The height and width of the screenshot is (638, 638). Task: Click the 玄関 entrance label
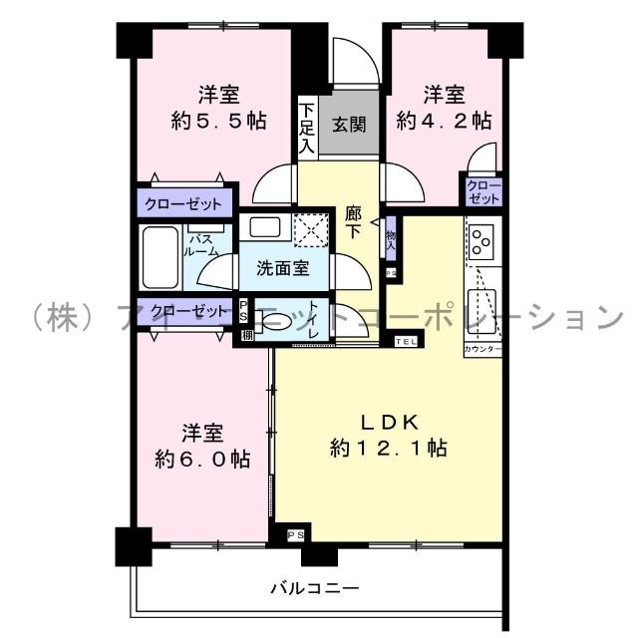point(349,125)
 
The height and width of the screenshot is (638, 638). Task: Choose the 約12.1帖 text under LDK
point(389,449)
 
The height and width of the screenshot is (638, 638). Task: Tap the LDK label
point(389,420)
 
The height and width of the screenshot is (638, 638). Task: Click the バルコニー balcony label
point(314,587)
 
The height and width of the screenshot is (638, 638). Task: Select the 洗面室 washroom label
point(282,267)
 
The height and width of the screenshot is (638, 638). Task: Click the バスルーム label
point(199,245)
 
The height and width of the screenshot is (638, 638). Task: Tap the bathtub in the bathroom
point(159,256)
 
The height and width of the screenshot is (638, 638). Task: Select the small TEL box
point(407,342)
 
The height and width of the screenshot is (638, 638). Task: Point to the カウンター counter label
point(482,351)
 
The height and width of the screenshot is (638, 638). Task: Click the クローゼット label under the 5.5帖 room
point(182,203)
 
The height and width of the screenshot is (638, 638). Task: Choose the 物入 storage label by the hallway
point(391,239)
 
